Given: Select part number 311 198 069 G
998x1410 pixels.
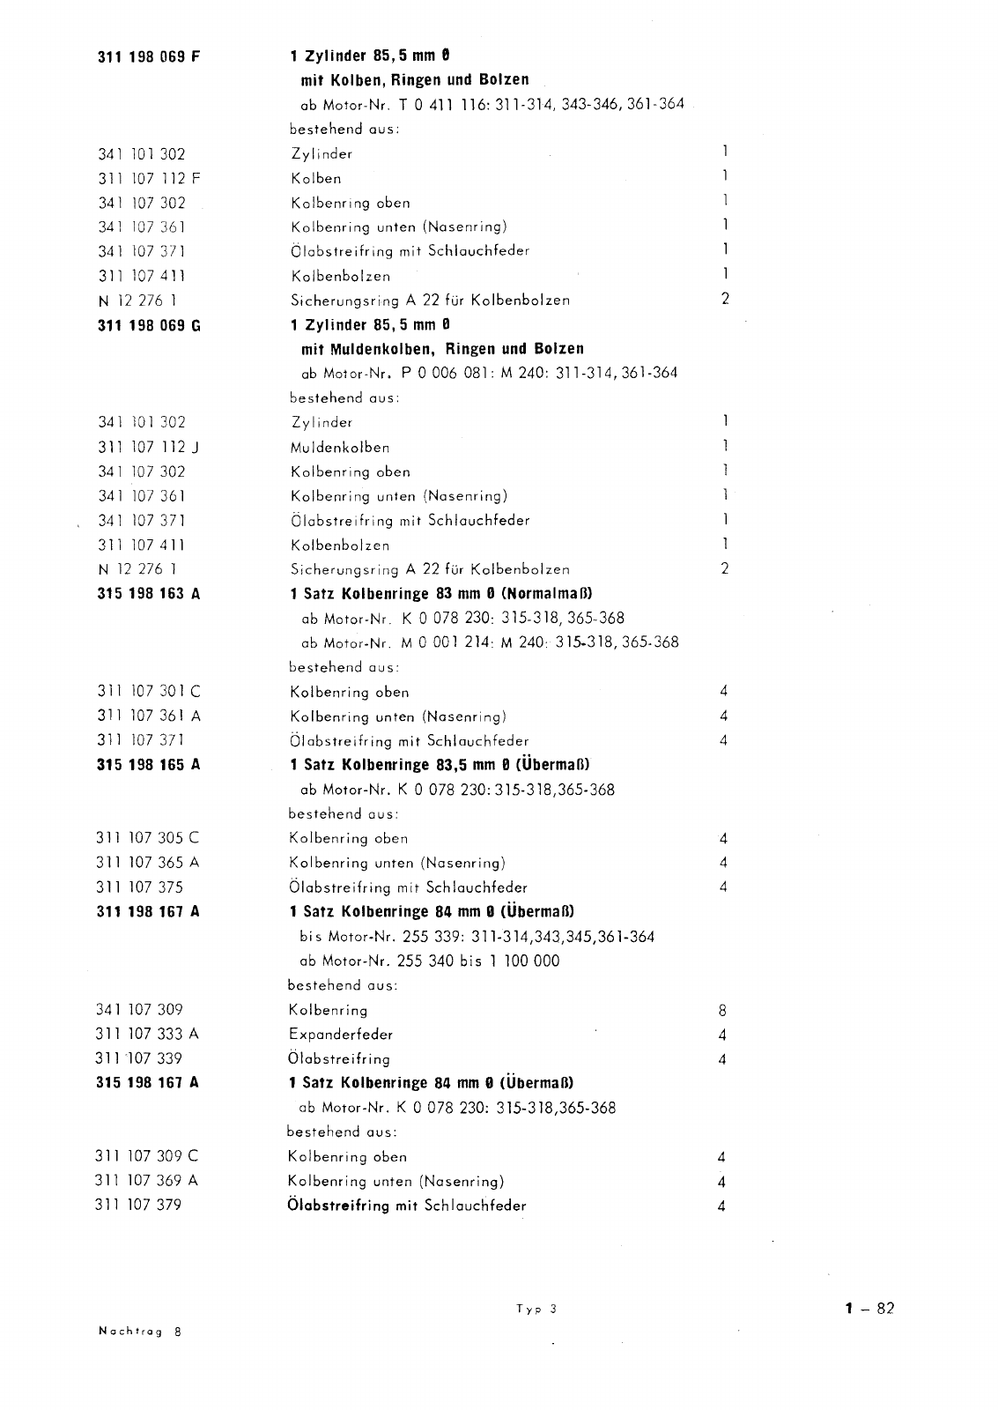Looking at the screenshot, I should click(x=149, y=325).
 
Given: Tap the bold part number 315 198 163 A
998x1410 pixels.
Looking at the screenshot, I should click(x=148, y=594).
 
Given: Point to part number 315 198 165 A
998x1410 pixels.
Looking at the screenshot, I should click(x=148, y=765).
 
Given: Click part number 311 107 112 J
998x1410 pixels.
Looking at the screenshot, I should click(x=148, y=447).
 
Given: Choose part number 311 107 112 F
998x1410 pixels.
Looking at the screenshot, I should click(x=149, y=178).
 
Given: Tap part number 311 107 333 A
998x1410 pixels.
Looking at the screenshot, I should click(x=147, y=1034).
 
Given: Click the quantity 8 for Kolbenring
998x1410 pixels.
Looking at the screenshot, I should click(x=722, y=1011).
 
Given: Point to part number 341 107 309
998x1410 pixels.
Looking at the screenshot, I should click(x=139, y=1010).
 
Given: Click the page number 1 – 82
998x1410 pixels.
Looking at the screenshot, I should click(x=869, y=1309).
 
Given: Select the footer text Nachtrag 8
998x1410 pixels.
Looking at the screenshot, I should click(x=139, y=1332).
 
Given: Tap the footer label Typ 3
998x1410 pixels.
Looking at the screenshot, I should click(x=536, y=1310).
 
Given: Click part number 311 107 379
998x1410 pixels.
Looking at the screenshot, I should click(x=138, y=1205).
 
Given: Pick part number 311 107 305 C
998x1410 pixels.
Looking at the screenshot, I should click(x=147, y=838).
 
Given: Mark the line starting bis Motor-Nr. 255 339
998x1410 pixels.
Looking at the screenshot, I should click(x=471, y=937).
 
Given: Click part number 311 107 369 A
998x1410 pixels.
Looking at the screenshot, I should click(x=146, y=1181).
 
